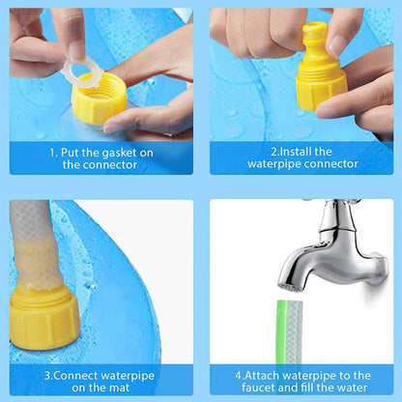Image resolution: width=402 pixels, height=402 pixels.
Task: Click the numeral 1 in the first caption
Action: tap(53, 152)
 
